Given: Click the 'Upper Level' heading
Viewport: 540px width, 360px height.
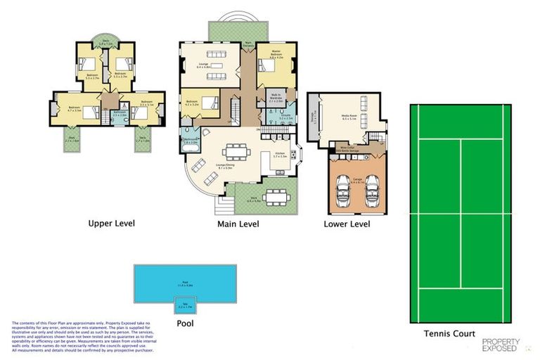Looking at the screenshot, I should pos(115,224).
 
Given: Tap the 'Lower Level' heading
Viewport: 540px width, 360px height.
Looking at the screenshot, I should pos(347,224).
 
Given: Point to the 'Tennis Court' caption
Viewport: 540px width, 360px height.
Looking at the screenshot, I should pos(449,333).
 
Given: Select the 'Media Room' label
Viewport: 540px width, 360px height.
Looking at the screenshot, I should pos(349,118).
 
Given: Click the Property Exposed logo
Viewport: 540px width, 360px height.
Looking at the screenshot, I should pos(501,344).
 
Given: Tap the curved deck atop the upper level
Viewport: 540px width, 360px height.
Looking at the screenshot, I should pos(105,41).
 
